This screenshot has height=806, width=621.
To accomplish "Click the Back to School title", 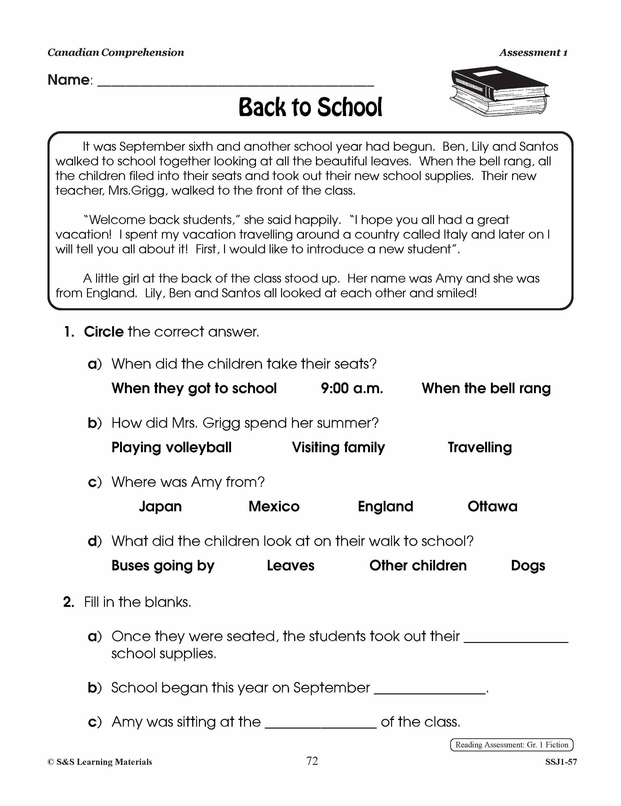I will click(310, 107).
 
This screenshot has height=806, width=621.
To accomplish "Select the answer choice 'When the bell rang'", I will click(486, 388).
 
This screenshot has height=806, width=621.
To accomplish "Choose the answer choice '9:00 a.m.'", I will click(351, 388).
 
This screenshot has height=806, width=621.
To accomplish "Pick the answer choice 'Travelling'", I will click(480, 447).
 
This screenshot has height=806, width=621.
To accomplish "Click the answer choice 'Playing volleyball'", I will click(171, 447).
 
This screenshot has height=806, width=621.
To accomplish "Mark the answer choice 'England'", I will click(385, 506).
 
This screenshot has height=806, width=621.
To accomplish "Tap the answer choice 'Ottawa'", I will click(492, 506).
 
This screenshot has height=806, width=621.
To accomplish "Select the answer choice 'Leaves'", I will click(290, 565).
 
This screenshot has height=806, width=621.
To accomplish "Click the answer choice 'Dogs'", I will click(528, 565).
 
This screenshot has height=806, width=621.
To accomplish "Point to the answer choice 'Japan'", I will click(160, 506).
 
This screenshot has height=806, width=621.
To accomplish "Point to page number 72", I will click(312, 761).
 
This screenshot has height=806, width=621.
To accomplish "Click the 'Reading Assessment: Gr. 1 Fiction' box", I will click(511, 745).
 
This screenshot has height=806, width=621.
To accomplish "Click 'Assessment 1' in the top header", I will click(533, 53).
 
